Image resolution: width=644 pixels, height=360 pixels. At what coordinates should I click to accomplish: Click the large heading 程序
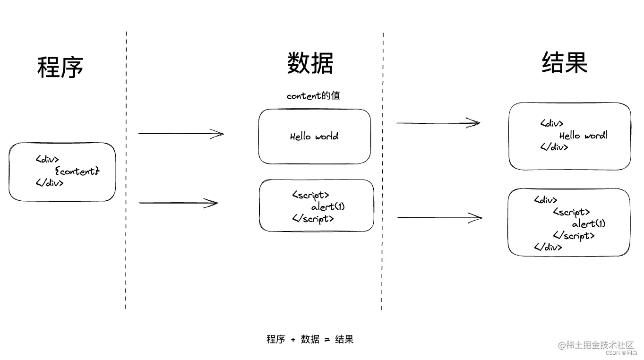click(x=60, y=67)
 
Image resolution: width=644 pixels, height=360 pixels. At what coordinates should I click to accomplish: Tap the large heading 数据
click(x=310, y=63)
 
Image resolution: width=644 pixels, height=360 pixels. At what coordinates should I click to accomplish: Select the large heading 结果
click(x=564, y=62)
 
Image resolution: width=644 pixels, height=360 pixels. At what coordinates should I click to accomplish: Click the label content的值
click(x=313, y=95)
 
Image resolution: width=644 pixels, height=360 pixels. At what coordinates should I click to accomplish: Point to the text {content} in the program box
click(x=77, y=171)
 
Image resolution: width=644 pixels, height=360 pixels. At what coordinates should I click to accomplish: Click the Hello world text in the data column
click(x=314, y=137)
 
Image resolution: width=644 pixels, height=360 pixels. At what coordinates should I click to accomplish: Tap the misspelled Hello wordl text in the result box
click(x=583, y=136)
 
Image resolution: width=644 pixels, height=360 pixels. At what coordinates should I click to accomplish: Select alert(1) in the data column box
click(x=328, y=206)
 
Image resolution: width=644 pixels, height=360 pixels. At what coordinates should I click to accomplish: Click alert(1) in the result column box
click(x=588, y=223)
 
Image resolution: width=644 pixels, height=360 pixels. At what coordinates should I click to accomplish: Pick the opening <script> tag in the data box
click(x=310, y=195)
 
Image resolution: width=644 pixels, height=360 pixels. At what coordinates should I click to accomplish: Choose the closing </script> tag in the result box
click(x=573, y=235)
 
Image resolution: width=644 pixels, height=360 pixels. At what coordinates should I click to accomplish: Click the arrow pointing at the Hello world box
click(x=180, y=134)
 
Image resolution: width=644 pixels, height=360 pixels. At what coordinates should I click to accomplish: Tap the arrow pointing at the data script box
click(x=179, y=203)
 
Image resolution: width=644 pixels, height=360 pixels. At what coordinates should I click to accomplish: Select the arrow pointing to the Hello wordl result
click(x=438, y=123)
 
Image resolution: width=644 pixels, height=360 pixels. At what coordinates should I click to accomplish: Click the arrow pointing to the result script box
click(x=439, y=217)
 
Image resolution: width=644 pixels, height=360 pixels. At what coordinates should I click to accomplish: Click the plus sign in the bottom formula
click(x=293, y=340)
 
